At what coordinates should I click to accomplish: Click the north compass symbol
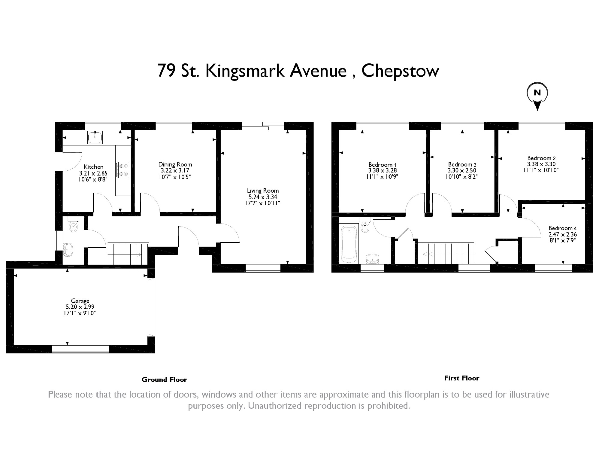tap(537, 94)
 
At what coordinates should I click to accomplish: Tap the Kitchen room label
tap(93, 167)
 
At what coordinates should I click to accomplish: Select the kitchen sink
tap(95, 138)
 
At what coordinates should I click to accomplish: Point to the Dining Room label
tap(175, 164)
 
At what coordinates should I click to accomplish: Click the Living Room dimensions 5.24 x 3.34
tap(263, 197)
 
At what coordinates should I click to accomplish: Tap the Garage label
tap(80, 301)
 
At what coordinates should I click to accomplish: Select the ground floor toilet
tap(73, 225)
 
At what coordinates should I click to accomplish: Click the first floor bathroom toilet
tap(365, 226)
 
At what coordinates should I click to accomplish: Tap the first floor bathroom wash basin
tap(372, 259)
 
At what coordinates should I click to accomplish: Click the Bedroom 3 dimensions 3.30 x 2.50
tap(462, 171)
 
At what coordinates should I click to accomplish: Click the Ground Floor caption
tap(164, 380)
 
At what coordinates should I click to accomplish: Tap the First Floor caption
tap(461, 378)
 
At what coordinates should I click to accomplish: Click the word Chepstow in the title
tap(400, 71)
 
